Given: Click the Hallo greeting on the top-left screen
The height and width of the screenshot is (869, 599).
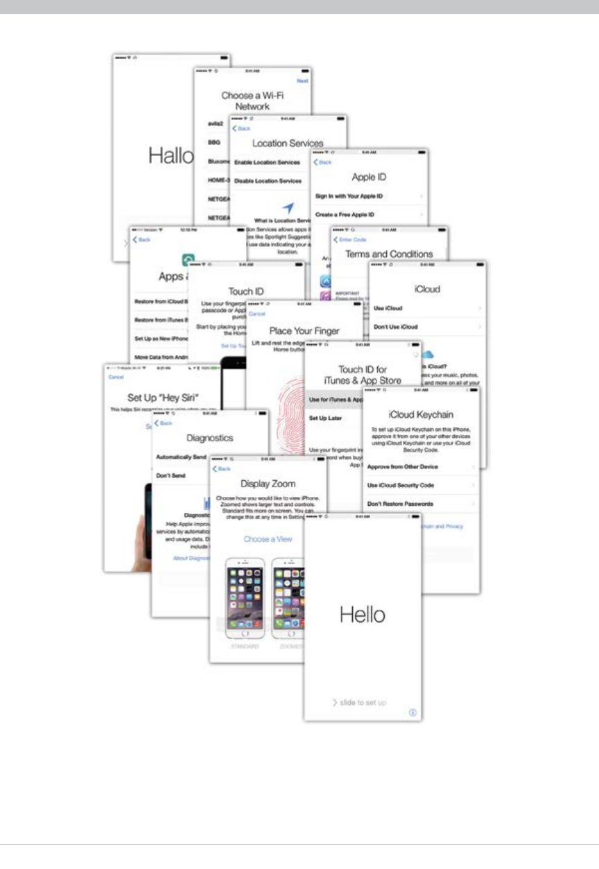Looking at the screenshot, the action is pyautogui.click(x=171, y=157).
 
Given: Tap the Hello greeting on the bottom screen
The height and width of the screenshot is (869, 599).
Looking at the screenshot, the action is pyautogui.click(x=363, y=614).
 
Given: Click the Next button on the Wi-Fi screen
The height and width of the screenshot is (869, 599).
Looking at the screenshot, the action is pyautogui.click(x=302, y=81).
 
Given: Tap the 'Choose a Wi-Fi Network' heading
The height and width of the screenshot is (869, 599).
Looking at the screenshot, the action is pyautogui.click(x=252, y=101).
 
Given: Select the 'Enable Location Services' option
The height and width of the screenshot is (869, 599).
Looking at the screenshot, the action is pyautogui.click(x=267, y=162).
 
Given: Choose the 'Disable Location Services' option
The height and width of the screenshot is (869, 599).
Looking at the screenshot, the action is pyautogui.click(x=268, y=181).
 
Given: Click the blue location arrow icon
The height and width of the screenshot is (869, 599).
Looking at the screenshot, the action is pyautogui.click(x=289, y=207).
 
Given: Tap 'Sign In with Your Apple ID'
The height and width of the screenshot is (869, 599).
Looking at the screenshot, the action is pyautogui.click(x=349, y=197).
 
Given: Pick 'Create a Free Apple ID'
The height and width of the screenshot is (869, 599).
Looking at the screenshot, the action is pyautogui.click(x=345, y=216).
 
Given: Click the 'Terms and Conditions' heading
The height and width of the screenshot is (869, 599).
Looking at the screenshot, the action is pyautogui.click(x=389, y=254).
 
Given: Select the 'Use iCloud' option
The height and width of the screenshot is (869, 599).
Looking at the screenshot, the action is pyautogui.click(x=388, y=308).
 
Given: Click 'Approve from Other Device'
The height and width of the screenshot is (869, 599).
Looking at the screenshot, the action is pyautogui.click(x=403, y=467).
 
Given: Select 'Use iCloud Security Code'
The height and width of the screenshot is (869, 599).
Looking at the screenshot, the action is pyautogui.click(x=401, y=485).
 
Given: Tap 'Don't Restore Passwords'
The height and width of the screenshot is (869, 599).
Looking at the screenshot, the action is pyautogui.click(x=401, y=504).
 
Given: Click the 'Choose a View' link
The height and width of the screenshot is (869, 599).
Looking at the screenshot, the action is pyautogui.click(x=268, y=538).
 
